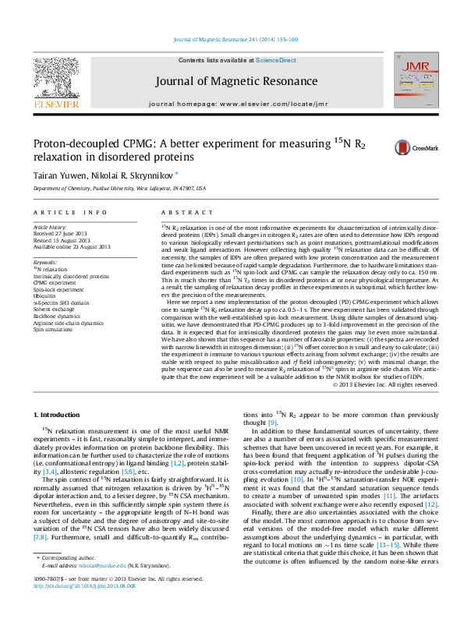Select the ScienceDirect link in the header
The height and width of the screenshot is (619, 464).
tap(276, 60)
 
